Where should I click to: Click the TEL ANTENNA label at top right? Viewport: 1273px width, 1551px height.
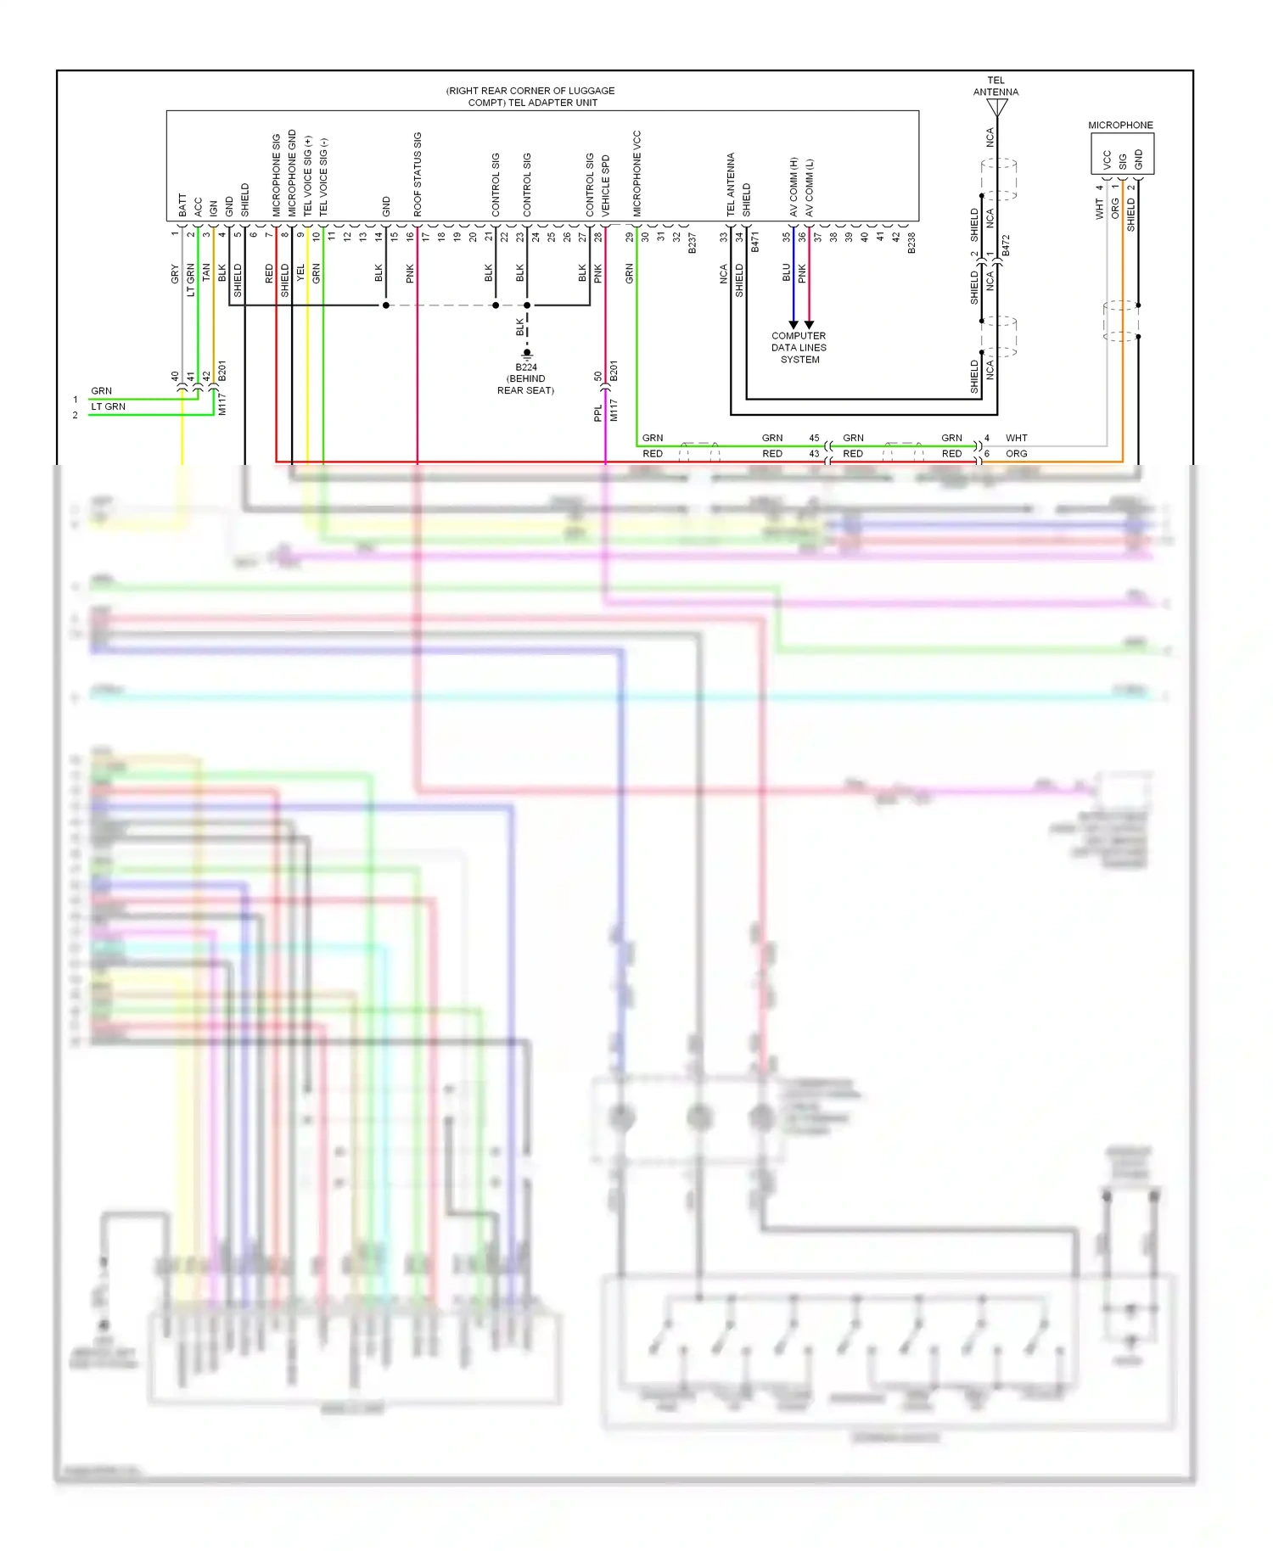pos(995,86)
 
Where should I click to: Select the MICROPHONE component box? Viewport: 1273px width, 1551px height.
pos(1121,154)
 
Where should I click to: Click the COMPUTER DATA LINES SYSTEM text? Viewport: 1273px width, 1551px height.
pos(799,347)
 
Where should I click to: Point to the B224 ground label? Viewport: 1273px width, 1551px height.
pos(526,367)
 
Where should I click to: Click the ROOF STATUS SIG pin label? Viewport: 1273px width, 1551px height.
pos(418,174)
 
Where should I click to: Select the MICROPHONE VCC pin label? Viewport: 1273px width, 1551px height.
pos(637,173)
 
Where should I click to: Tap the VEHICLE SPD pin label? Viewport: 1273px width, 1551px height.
pos(606,184)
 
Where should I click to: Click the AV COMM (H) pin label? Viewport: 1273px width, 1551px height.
pos(794,186)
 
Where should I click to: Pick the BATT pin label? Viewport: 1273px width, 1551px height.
pos(182,204)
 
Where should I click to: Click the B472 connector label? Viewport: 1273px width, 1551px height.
pos(1006,246)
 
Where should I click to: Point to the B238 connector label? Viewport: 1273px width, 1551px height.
pos(911,243)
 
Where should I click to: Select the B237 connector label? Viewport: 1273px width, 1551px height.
pos(692,243)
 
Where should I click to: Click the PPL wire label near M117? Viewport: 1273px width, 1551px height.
pos(597,412)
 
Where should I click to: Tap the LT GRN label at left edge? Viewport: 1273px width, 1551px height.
pos(108,406)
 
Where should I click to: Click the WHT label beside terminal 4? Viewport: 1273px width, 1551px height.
pos(1016,438)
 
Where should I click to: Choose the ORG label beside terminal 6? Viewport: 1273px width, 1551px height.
pos(1016,454)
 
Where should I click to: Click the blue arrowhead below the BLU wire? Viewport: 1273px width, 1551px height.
pos(794,324)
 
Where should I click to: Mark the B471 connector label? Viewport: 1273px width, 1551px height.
pos(754,243)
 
